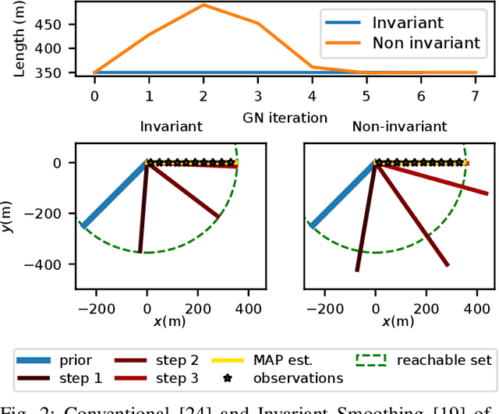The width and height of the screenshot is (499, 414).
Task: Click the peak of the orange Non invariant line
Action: (x=203, y=5)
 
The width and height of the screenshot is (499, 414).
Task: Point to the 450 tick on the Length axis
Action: (x=49, y=24)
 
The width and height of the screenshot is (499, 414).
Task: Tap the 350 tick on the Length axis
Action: (x=49, y=73)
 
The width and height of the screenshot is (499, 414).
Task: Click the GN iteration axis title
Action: (x=284, y=117)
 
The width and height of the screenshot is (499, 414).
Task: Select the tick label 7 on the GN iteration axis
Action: (x=476, y=95)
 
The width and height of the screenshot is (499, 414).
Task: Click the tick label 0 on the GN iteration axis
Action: (x=94, y=95)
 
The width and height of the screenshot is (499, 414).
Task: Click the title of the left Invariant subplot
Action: (x=171, y=126)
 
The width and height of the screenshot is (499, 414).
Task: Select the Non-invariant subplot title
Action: (x=399, y=126)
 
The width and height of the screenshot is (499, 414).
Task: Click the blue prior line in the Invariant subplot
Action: (x=115, y=195)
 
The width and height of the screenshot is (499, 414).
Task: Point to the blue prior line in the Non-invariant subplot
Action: (x=343, y=195)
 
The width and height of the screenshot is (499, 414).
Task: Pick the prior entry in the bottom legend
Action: (x=74, y=359)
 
